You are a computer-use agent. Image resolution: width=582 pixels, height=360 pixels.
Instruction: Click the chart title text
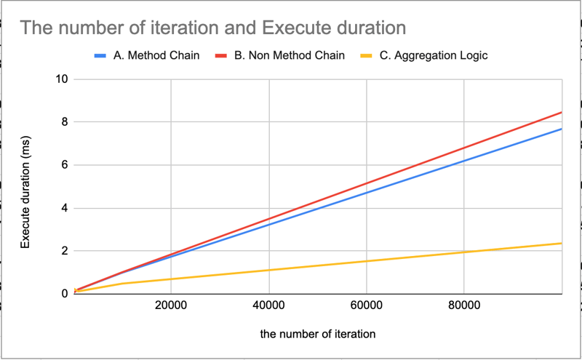pos(212,28)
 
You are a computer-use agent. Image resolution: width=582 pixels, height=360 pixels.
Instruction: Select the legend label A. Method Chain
pos(153,56)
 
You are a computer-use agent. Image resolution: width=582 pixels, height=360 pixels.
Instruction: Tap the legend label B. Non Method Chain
pos(289,56)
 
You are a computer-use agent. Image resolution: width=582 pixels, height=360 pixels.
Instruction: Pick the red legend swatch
pos(221,56)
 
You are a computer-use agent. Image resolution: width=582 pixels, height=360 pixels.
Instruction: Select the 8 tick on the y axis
pos(64,122)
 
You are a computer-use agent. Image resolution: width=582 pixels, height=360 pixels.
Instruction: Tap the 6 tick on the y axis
pos(64,165)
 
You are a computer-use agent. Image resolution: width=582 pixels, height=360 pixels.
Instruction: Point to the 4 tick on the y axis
pos(64,208)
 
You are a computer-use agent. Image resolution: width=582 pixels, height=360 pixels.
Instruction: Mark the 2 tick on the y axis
pos(64,251)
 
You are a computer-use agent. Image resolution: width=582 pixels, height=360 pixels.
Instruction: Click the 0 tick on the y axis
pos(64,294)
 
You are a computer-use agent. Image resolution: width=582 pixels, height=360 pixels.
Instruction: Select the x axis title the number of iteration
pos(317,335)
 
